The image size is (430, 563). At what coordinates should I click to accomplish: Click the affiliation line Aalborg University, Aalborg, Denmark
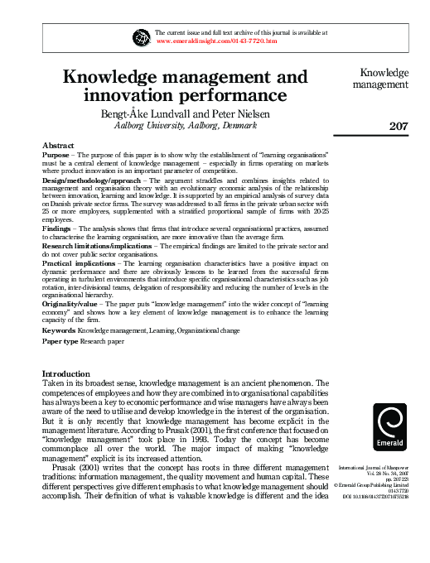tap(185, 125)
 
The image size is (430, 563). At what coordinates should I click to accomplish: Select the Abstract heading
tap(58, 145)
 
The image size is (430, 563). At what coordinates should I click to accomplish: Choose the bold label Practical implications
tap(79, 262)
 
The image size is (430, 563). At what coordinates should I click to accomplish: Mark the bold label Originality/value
tap(72, 304)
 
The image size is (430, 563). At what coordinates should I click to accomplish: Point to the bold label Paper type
tap(61, 341)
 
